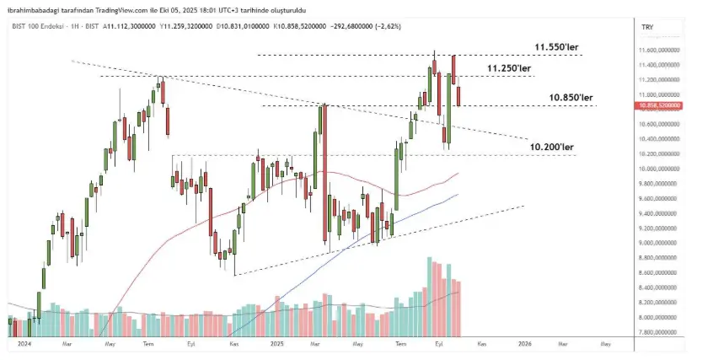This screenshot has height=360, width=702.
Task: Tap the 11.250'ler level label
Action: (x=509, y=67)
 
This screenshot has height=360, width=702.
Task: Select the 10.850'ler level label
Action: (x=571, y=98)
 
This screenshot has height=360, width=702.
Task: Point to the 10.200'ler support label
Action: (x=552, y=147)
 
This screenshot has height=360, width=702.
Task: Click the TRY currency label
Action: (x=647, y=28)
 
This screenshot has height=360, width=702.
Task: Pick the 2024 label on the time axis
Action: (x=24, y=344)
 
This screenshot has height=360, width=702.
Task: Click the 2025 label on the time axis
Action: (x=278, y=344)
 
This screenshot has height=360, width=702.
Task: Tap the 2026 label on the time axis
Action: (x=524, y=344)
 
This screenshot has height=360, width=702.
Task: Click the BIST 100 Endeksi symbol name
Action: (x=33, y=28)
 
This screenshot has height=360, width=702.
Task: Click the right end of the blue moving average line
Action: (x=458, y=195)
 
